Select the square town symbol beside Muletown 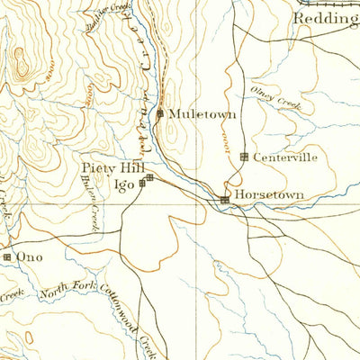[x=160, y=114]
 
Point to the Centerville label [x=285, y=157]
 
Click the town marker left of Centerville [x=244, y=157]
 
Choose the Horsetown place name [x=269, y=194]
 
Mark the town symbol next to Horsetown [x=225, y=200]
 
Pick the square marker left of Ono [x=7, y=257]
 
